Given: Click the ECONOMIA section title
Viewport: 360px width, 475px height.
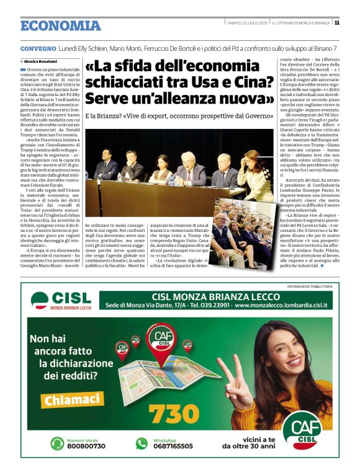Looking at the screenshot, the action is point(60,25).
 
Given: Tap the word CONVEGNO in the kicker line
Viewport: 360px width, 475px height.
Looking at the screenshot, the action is point(38,48).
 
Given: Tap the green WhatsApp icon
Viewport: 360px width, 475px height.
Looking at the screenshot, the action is point(143,443).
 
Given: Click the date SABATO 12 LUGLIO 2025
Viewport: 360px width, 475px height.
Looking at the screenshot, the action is point(246,23).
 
